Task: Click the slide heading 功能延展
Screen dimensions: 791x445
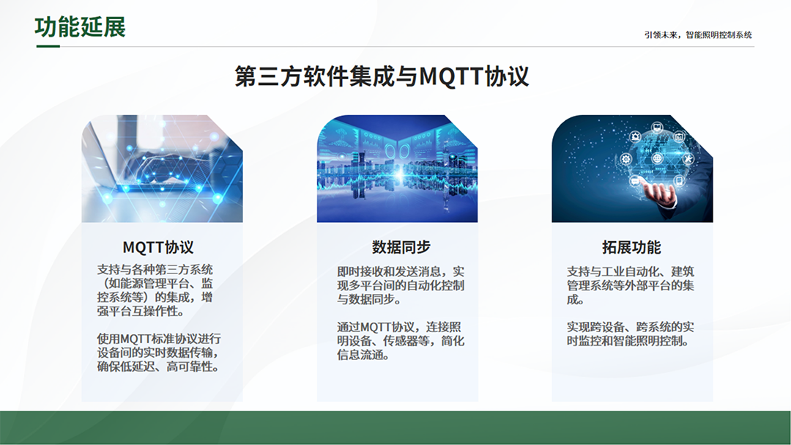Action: pyautogui.click(x=80, y=27)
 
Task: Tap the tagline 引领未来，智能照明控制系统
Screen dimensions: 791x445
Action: pyautogui.click(x=698, y=35)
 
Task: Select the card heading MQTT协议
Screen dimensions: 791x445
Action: pyautogui.click(x=158, y=248)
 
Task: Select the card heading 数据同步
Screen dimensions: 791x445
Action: pyautogui.click(x=401, y=247)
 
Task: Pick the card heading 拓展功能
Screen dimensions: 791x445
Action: pyautogui.click(x=631, y=247)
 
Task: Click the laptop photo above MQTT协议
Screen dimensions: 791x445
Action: pyautogui.click(x=162, y=169)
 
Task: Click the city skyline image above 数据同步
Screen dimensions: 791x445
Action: pyautogui.click(x=397, y=169)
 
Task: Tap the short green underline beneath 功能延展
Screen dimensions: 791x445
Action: pyautogui.click(x=48, y=46)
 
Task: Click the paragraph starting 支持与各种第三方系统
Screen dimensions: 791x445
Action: pyautogui.click(x=155, y=290)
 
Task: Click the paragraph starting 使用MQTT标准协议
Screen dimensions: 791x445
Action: pyautogui.click(x=159, y=353)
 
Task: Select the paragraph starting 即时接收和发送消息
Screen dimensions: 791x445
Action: pyautogui.click(x=401, y=285)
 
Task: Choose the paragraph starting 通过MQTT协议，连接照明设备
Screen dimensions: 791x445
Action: pyautogui.click(x=401, y=341)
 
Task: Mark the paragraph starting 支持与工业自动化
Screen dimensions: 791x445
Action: pyautogui.click(x=630, y=285)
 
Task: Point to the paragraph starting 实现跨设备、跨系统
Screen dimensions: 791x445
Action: pyautogui.click(x=630, y=334)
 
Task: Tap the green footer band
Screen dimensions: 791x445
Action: pyautogui.click(x=395, y=428)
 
